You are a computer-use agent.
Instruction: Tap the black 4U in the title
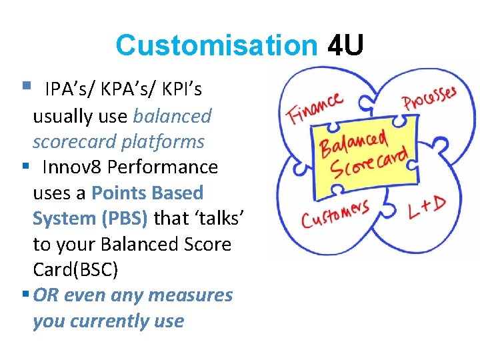tap(346, 46)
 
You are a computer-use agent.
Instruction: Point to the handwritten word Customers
tap(335, 213)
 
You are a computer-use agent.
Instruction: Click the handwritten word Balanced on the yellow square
tap(354, 142)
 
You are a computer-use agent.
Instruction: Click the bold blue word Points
tap(119, 193)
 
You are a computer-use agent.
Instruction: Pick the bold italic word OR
tap(45, 295)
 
